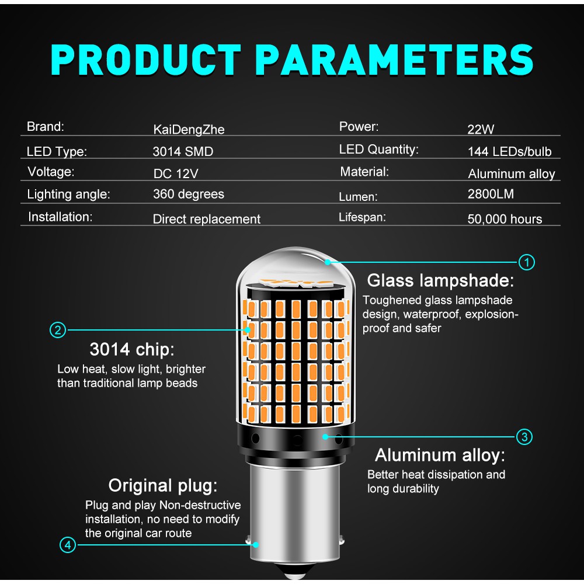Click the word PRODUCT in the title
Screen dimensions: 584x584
coord(146,60)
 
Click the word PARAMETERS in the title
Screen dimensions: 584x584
coord(394,60)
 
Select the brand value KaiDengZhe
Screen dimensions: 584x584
coord(189,130)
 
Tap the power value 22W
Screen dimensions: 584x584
coord(481,129)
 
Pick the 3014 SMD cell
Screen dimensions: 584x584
coord(183,152)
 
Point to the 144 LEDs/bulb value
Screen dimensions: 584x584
coord(509,152)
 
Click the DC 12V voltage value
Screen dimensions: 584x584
coord(176,173)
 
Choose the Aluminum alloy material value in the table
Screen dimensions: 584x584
coord(512,174)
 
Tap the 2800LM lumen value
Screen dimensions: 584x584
coord(491,194)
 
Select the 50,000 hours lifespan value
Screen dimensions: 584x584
coord(505,219)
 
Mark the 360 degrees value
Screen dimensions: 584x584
coord(189,194)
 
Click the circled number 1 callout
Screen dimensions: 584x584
coord(526,262)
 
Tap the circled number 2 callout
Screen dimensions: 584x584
coord(58,330)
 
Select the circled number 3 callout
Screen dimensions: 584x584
coord(524,436)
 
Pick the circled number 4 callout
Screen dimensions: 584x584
coord(68,545)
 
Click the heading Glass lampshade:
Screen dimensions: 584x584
coord(440,280)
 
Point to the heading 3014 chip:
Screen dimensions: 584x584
coord(132,349)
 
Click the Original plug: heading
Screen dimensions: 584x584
coord(163,486)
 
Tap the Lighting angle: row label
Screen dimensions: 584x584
coord(68,194)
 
